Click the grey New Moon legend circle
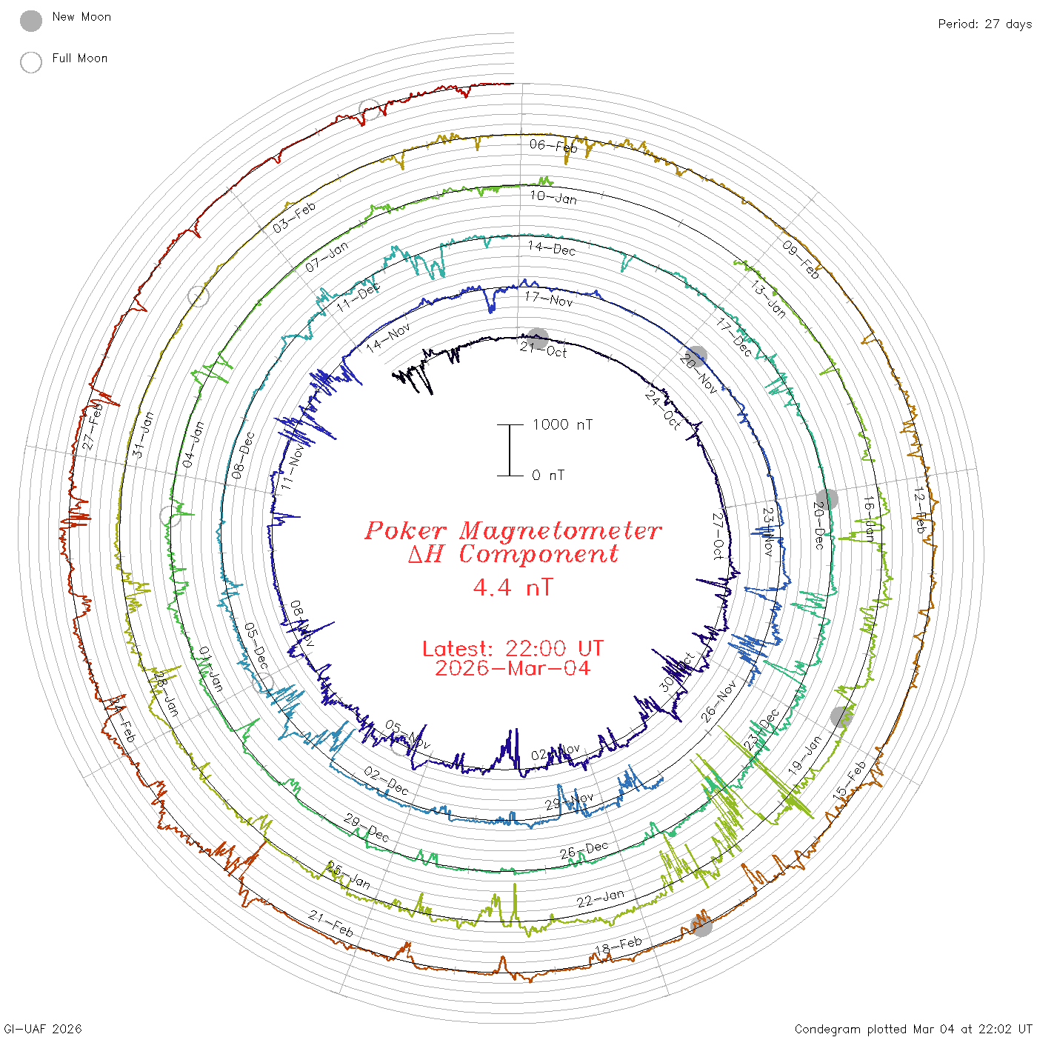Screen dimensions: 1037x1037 pyautogui.click(x=31, y=21)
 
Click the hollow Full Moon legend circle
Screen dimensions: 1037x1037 pyautogui.click(x=31, y=62)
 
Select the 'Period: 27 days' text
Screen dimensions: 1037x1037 pyautogui.click(x=984, y=24)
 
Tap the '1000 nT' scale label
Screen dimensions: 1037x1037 pyautogui.click(x=562, y=424)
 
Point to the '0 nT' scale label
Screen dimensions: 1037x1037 pyautogui.click(x=548, y=476)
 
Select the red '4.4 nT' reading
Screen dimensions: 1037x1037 pyautogui.click(x=513, y=587)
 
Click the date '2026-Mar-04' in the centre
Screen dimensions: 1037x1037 pyautogui.click(x=513, y=668)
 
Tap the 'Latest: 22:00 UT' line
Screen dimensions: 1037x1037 pyautogui.click(x=513, y=649)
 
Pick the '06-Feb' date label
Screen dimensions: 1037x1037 pyautogui.click(x=553, y=146)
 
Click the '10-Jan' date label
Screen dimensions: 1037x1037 pyautogui.click(x=553, y=196)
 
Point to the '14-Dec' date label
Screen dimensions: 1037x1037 pyautogui.click(x=552, y=248)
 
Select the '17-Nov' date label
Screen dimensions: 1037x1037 pyautogui.click(x=549, y=299)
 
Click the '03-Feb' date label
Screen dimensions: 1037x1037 pyautogui.click(x=294, y=217)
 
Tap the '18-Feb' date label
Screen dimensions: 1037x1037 pyautogui.click(x=618, y=946)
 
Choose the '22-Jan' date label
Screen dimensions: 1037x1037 pyautogui.click(x=601, y=898)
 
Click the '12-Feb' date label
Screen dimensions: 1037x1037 pyautogui.click(x=919, y=510)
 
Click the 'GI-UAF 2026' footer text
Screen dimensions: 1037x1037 pyautogui.click(x=41, y=1029)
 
